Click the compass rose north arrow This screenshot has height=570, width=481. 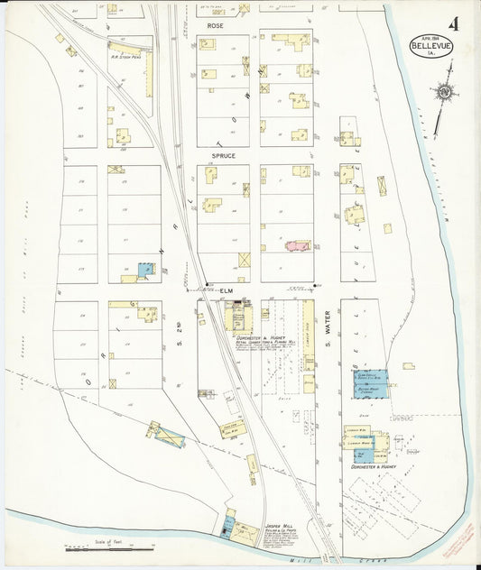point(443,92)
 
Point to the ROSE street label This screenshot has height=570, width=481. point(215,26)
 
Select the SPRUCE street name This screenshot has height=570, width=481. point(223,155)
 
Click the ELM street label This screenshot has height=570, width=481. point(226,290)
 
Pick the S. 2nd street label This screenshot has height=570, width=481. point(180,332)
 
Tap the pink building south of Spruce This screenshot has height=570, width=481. point(296,245)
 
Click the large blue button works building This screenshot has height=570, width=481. point(371,384)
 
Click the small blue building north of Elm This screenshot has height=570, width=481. point(143,269)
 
